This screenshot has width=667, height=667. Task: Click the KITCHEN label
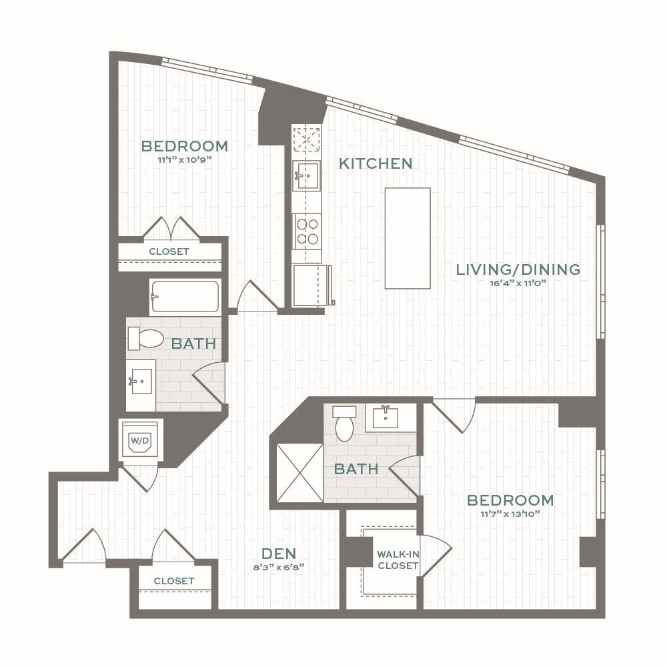376,163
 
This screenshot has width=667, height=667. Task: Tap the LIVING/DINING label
518,269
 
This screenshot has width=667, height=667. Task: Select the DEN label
279,554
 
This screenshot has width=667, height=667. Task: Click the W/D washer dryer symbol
140,441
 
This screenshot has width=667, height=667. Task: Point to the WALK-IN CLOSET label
398,560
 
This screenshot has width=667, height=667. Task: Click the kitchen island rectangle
408,238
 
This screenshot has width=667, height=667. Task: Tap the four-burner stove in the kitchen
307,231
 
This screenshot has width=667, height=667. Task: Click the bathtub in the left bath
185,296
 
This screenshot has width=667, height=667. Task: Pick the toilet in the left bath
145,338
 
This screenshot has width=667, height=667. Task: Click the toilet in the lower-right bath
345,424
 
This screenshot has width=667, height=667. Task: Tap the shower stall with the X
299,473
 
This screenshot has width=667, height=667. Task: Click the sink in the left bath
141,381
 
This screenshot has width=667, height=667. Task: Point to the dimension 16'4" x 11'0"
518,283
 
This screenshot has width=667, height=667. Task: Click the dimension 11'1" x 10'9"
185,160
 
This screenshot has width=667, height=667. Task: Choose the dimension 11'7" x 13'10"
510,514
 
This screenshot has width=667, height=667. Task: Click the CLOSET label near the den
174,581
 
